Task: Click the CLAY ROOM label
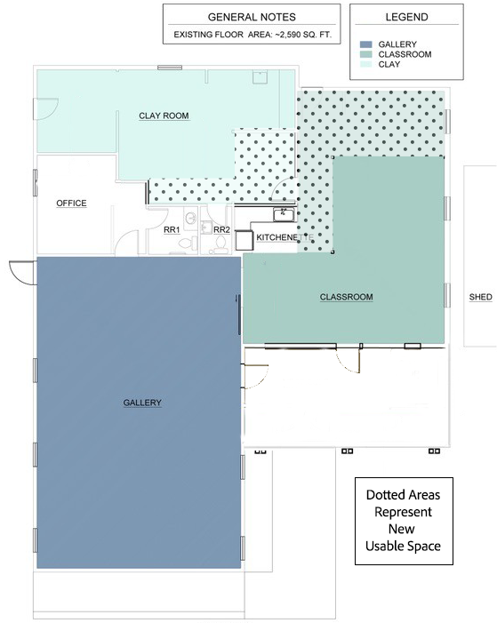(x=164, y=116)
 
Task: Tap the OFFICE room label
(x=71, y=204)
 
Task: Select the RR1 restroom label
(x=172, y=229)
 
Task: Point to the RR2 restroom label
(x=221, y=229)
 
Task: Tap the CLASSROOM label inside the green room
(x=346, y=297)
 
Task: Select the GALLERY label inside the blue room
(x=142, y=403)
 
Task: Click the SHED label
(x=480, y=297)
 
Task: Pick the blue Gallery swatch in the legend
(x=365, y=44)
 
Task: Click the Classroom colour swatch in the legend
(x=365, y=54)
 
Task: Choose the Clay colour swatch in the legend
(x=365, y=64)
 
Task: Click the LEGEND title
(x=406, y=17)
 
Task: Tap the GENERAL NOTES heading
(x=252, y=17)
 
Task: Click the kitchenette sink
(x=284, y=213)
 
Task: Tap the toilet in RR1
(x=191, y=219)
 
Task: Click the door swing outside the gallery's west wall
(x=20, y=270)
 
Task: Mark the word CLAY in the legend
(x=389, y=64)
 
